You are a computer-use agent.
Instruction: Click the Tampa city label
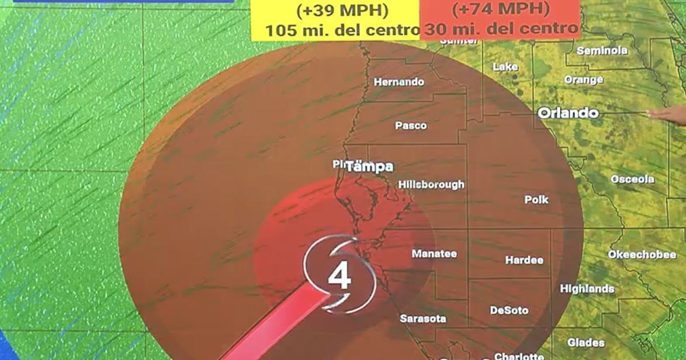click(x=369, y=167)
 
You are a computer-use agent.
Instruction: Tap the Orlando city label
click(x=568, y=113)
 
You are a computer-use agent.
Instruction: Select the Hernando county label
click(x=399, y=82)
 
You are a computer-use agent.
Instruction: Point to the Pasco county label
click(x=411, y=126)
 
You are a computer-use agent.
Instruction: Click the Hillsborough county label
click(x=431, y=185)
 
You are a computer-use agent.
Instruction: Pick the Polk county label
click(x=536, y=200)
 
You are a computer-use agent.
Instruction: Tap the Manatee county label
click(x=434, y=254)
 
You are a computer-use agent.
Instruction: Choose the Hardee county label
click(x=524, y=260)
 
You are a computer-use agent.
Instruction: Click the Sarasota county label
click(x=423, y=319)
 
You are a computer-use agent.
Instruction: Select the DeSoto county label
click(x=509, y=310)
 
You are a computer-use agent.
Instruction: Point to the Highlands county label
click(x=587, y=289)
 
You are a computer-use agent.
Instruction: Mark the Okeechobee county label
click(x=642, y=255)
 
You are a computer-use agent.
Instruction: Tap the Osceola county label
click(x=632, y=179)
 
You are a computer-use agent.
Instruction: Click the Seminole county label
click(x=602, y=51)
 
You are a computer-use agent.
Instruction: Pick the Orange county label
click(x=584, y=79)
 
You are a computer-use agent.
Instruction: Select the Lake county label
click(x=505, y=67)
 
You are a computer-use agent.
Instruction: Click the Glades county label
click(x=586, y=342)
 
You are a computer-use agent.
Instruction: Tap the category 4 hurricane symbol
click(x=339, y=275)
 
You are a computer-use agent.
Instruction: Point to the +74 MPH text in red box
click(x=501, y=9)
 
